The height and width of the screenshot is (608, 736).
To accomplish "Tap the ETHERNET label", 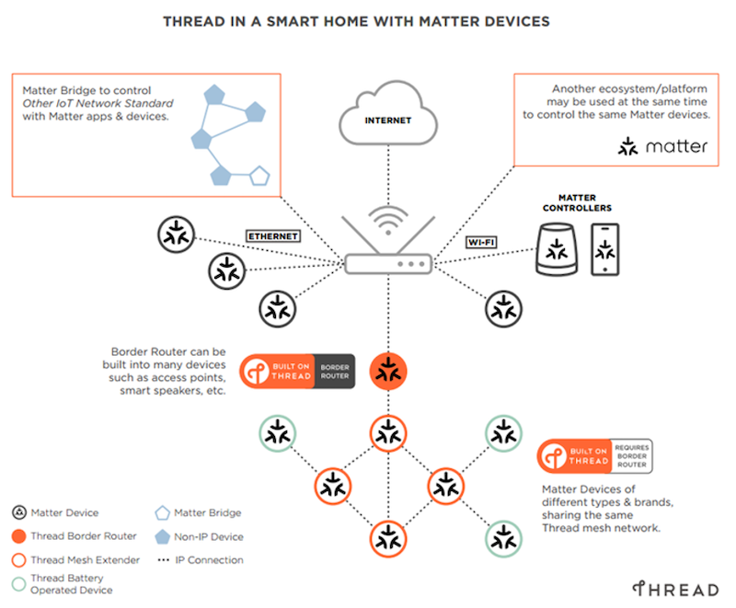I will (x=273, y=236).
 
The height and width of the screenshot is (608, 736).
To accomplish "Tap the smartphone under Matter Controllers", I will (x=604, y=248).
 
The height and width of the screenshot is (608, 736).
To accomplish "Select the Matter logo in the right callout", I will (x=663, y=146).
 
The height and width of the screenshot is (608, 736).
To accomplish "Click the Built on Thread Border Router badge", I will (x=297, y=372).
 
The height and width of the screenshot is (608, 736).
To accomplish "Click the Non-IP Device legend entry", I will (x=201, y=536).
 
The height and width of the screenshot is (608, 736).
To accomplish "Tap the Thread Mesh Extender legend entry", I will (x=75, y=559).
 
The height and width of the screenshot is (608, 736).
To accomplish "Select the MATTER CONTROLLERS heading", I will (x=577, y=203).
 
